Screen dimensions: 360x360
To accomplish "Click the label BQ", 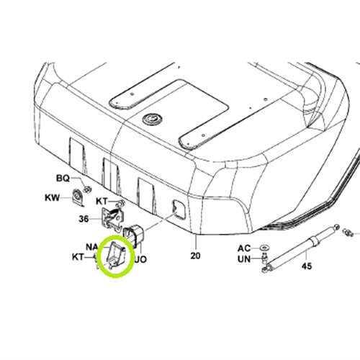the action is coord(63,178).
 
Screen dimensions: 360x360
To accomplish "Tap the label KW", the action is coord(52,198).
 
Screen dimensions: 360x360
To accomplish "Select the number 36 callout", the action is coord(84,219).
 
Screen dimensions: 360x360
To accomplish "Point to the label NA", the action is coord(92,247).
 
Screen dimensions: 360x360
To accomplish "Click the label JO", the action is coord(140,259).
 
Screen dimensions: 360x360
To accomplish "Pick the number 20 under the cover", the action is coord(195,256).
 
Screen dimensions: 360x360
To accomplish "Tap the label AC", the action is coord(244,248).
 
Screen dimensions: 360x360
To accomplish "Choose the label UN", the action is coord(244,259).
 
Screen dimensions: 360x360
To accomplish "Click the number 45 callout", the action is coord(307,266).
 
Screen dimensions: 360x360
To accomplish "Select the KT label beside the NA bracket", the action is coord(78,257).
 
